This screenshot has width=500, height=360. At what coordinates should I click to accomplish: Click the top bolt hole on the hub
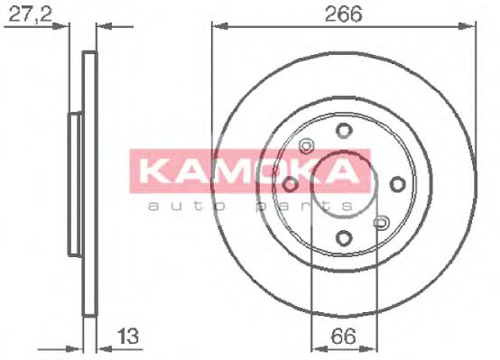pyautogui.click(x=343, y=131)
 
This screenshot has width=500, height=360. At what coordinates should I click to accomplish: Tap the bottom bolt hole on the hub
pyautogui.click(x=343, y=238)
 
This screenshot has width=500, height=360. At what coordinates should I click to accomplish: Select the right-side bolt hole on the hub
pyautogui.click(x=396, y=184)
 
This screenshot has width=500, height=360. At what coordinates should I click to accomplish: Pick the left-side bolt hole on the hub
pyautogui.click(x=290, y=184)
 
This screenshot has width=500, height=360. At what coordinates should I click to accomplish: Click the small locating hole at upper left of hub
pyautogui.click(x=305, y=145)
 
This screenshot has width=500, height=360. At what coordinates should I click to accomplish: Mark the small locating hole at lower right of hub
pyautogui.click(x=381, y=222)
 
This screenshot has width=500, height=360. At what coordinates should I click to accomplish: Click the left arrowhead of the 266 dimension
pyautogui.click(x=217, y=27)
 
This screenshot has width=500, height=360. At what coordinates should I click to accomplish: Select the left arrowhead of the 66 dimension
pyautogui.click(x=314, y=347)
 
